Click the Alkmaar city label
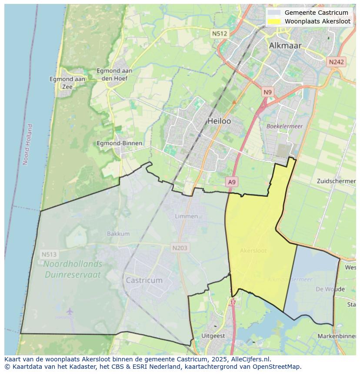(285, 45)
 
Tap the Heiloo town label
(219, 121)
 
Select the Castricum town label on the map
(144, 280)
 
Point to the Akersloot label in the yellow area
(253, 251)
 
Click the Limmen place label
(186, 216)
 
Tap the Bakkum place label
(118, 234)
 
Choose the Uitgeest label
(213, 336)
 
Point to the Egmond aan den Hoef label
(114, 74)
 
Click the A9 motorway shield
(232, 182)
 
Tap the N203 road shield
(180, 248)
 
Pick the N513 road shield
(49, 254)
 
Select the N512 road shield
(220, 33)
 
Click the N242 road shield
(336, 62)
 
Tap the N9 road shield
(267, 92)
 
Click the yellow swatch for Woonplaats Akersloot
(274, 21)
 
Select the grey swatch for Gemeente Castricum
(274, 13)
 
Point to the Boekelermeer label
(284, 126)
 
